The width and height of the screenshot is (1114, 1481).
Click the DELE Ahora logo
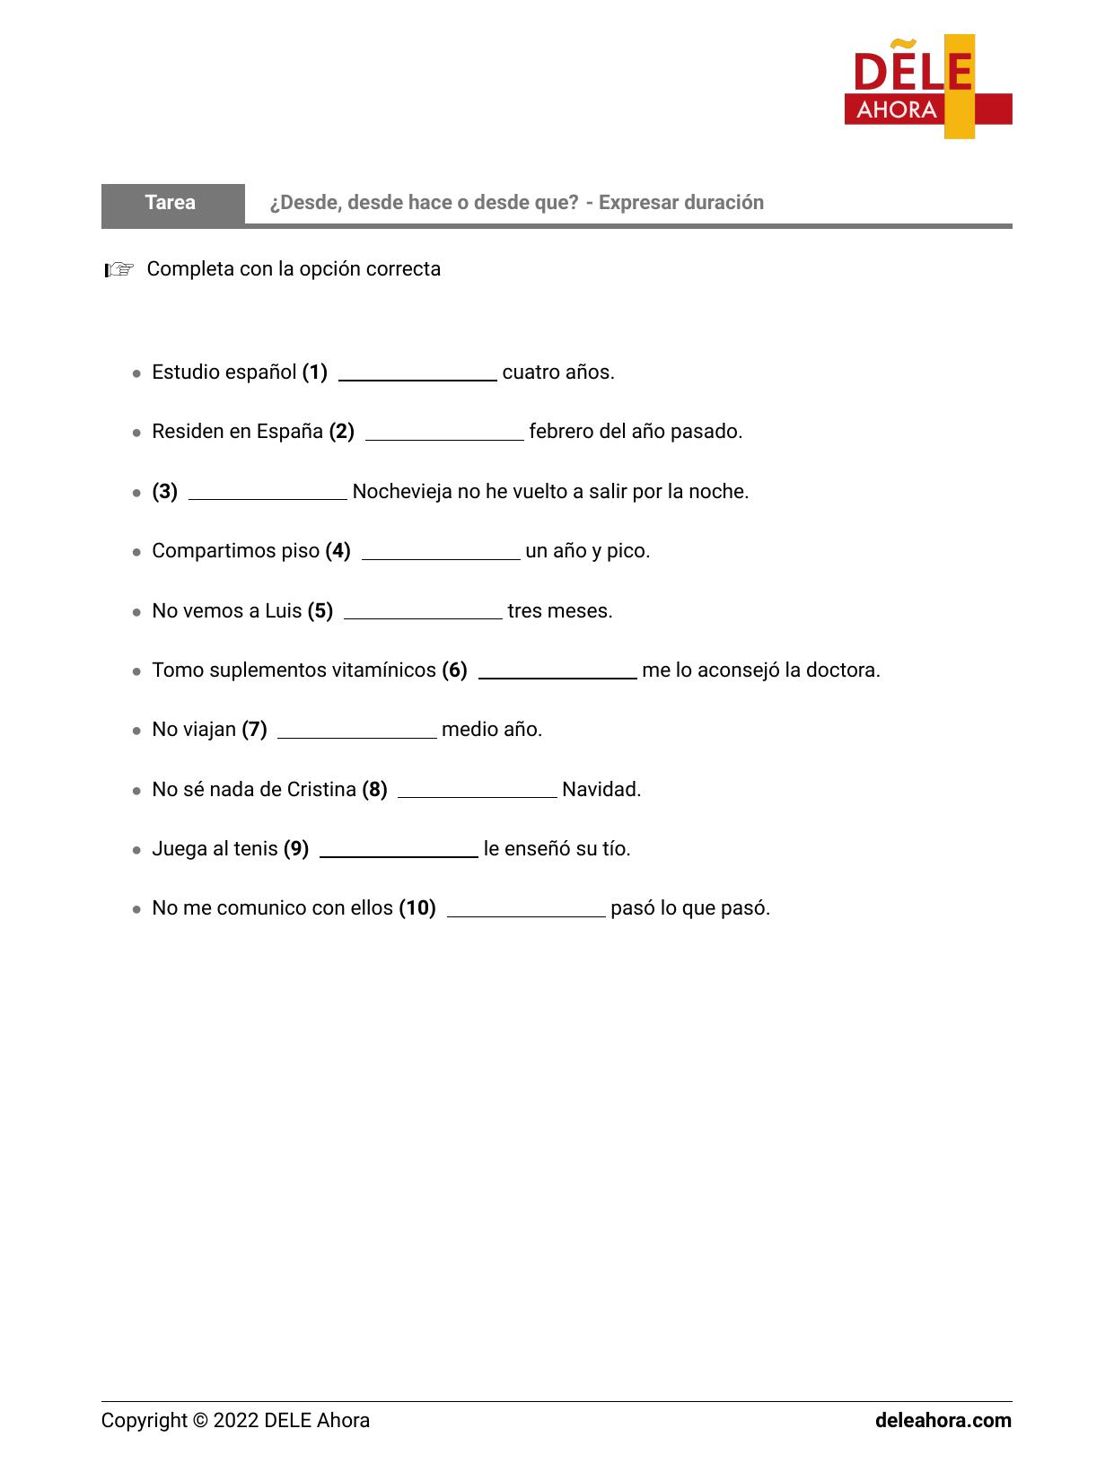click(x=927, y=87)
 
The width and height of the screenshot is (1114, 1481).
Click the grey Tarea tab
click(x=171, y=203)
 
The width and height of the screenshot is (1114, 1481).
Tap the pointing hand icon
click(x=118, y=269)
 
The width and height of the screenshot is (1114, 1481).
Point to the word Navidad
click(x=601, y=790)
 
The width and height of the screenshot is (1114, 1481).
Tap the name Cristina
click(x=321, y=790)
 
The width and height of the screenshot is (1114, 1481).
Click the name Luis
click(x=283, y=611)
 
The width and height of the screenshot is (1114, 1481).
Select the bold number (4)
click(x=338, y=551)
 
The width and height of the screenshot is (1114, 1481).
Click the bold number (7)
click(x=254, y=730)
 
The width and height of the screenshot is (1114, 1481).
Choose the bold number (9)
click(x=296, y=849)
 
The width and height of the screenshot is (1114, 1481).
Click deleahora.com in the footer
click(x=943, y=1421)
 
